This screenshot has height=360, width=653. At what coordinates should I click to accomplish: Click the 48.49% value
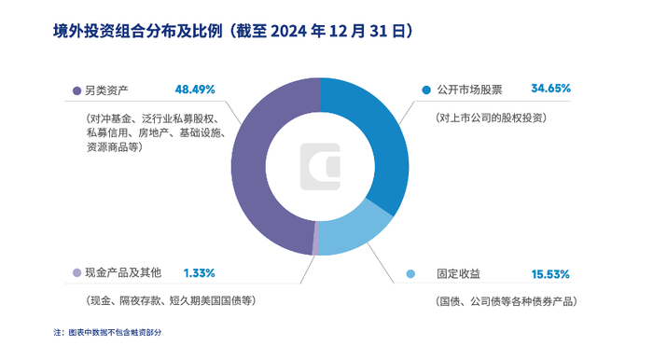pyautogui.click(x=195, y=90)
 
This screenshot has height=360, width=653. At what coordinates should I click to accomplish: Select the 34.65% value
pyautogui.click(x=549, y=90)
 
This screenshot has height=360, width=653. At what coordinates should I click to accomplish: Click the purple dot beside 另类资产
pyautogui.click(x=76, y=90)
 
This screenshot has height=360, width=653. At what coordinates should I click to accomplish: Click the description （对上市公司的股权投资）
pyautogui.click(x=490, y=118)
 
